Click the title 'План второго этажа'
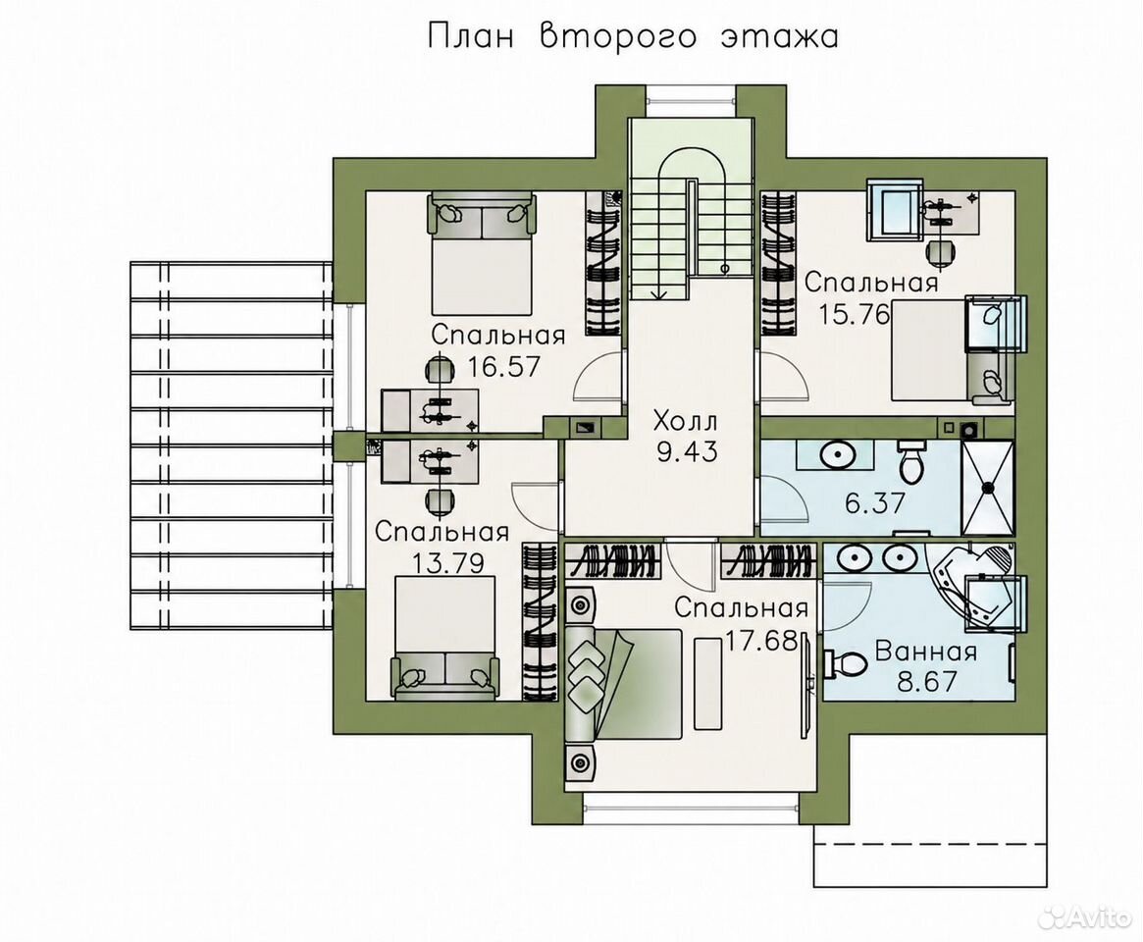(632, 36)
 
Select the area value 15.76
(856, 314)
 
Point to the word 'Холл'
(685, 421)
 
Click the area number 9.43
(687, 452)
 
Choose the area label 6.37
(875, 502)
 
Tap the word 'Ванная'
(926, 652)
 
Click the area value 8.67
(926, 682)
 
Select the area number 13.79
(447, 562)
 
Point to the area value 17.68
(761, 641)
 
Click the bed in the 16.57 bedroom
(482, 253)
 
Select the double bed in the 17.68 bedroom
(623, 685)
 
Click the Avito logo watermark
(1084, 917)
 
